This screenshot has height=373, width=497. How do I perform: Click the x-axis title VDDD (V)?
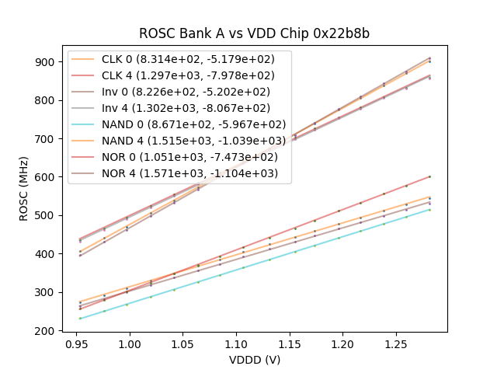[254, 359]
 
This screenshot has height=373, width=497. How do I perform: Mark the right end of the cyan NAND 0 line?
[429, 209]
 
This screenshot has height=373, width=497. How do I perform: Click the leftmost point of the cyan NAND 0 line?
[80, 319]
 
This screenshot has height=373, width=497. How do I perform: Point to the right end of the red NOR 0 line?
[429, 176]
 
